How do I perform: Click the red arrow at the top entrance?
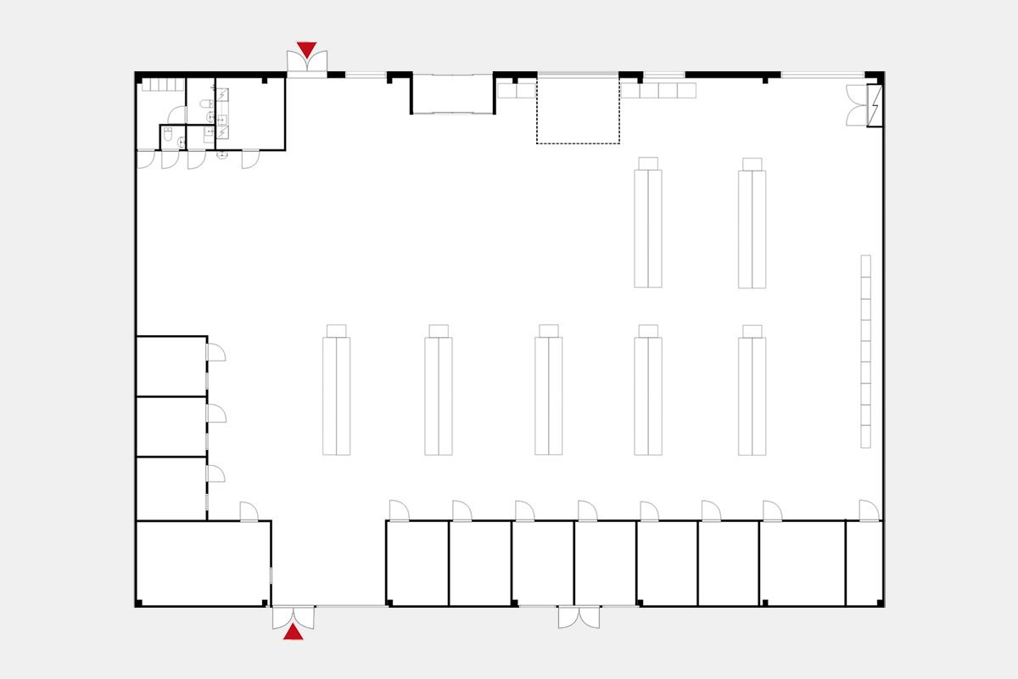tap(306, 49)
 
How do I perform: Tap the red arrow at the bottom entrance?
tap(293, 631)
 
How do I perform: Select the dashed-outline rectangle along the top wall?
tap(578, 110)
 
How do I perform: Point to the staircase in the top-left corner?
tap(162, 84)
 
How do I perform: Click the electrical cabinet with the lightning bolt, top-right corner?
tap(875, 106)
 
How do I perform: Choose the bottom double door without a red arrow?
tap(579, 617)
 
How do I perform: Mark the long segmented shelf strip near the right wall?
tap(865, 351)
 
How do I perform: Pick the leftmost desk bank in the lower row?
tap(336, 396)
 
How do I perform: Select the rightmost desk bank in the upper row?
tap(752, 229)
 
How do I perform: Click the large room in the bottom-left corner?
tap(203, 563)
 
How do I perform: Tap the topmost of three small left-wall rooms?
tap(171, 366)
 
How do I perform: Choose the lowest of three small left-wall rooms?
tap(171, 488)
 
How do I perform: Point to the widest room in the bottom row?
tap(802, 563)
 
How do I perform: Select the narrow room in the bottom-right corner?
tap(864, 563)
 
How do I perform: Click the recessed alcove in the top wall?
tap(452, 93)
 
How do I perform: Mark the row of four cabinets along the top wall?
tap(658, 90)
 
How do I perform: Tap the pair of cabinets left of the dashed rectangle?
tap(516, 90)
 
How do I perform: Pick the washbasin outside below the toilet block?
tap(222, 155)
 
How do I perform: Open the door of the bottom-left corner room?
tap(249, 512)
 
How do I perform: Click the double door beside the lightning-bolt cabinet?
tap(856, 105)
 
